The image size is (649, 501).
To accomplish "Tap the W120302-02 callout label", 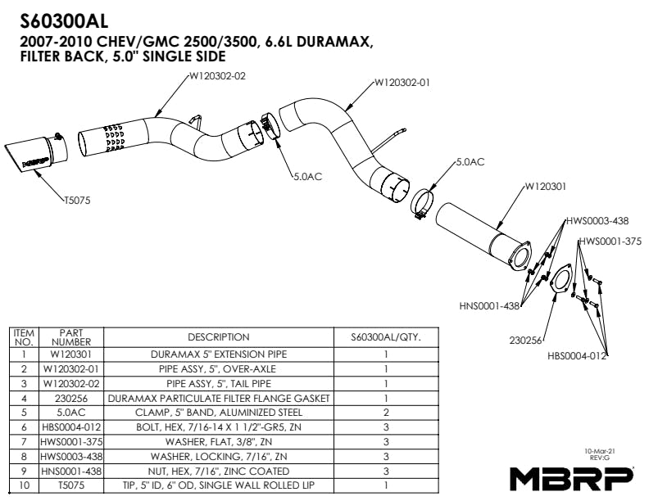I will point(217,76).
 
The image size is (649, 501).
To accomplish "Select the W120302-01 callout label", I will point(402,82).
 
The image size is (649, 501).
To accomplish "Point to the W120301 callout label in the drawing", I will point(544,187).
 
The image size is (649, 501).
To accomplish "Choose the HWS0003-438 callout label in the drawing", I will point(597,222).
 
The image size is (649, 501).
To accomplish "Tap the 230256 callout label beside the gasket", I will point(525,338).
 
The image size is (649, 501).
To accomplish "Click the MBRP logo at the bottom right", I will point(572,476).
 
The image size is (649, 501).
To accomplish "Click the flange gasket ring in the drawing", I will point(559,279).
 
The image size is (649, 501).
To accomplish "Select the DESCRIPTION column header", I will point(218,336).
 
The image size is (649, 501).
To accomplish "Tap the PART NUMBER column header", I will point(71,336).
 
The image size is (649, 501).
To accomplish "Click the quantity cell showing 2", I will point(385,413).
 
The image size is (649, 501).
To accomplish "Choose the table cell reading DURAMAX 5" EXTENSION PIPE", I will point(218,355).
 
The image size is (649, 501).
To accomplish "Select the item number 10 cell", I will point(25,485).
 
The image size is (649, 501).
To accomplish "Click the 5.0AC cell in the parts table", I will point(71,413).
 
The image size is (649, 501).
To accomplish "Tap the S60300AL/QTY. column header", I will point(385,336).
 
